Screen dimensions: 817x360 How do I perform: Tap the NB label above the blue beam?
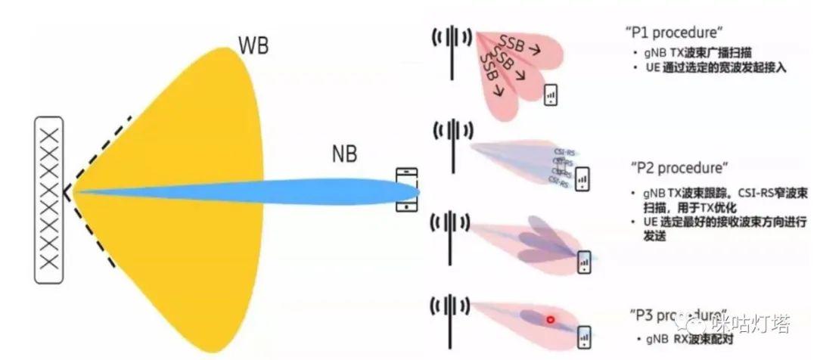tap(344, 155)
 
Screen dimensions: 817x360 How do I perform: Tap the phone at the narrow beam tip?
tap(407, 189)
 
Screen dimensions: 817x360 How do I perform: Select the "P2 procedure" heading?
tap(678, 166)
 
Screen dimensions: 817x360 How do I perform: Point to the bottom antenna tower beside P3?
tap(452, 318)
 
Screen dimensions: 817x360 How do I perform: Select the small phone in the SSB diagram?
tap(551, 95)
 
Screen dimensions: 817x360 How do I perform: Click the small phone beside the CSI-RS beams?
tap(583, 178)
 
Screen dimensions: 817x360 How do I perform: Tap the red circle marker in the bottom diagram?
tap(551, 320)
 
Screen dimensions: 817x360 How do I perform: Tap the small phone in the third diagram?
tap(584, 262)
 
